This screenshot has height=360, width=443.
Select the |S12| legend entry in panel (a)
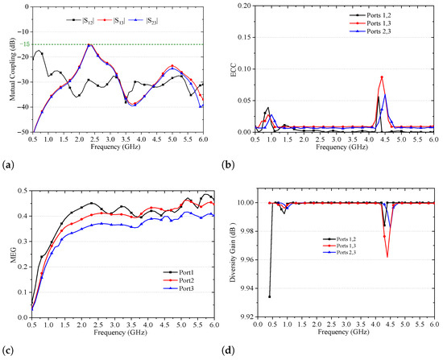point(80,20)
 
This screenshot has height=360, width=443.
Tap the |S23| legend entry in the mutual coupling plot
point(143,20)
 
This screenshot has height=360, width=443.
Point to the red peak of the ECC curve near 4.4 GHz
point(382,77)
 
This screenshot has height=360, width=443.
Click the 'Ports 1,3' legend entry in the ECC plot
point(371,23)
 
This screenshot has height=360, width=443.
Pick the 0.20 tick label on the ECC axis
point(245,6)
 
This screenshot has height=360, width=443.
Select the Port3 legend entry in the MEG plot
point(178,288)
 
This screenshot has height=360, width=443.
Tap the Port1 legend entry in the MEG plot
point(178,272)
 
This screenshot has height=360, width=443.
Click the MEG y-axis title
point(13,254)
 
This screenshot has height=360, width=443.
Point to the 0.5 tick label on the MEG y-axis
point(23,191)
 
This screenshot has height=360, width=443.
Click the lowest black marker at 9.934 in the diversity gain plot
point(270,296)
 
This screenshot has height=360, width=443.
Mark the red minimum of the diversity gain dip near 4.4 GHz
point(387,257)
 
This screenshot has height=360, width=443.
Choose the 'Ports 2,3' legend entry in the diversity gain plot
point(341,252)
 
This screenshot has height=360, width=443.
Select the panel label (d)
point(228,350)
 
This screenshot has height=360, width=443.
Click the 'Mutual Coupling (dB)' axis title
point(13,69)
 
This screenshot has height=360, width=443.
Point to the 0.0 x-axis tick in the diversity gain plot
point(258,324)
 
